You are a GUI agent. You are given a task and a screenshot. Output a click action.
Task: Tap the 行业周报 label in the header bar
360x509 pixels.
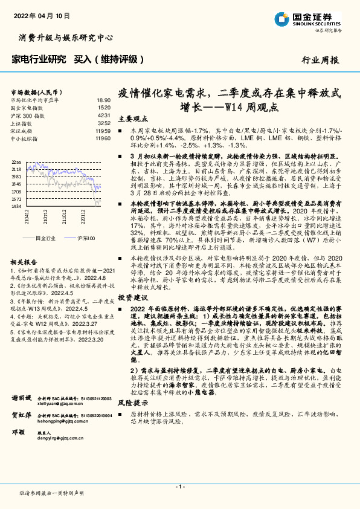click(320, 60)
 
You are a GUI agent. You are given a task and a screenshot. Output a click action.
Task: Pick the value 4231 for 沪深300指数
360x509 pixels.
click(104, 115)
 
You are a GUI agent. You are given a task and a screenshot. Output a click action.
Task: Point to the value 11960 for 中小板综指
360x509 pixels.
click(103, 138)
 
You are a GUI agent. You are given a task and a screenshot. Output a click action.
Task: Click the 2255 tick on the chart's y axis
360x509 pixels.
click(16, 162)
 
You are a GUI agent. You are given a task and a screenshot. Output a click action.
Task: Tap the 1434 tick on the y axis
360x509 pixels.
click(16, 206)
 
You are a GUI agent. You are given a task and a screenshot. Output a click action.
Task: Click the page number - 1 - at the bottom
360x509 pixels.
click(179, 487)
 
